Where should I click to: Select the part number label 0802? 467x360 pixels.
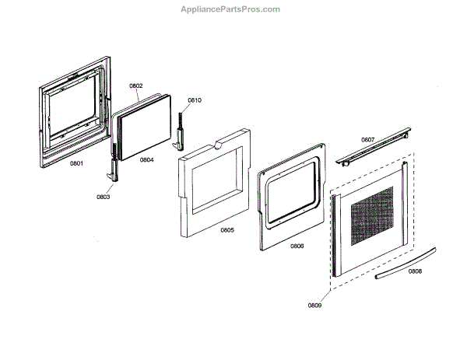point(136,86)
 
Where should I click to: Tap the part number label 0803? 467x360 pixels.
point(104,197)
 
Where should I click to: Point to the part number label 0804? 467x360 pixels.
point(147,160)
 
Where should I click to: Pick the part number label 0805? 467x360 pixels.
point(226,230)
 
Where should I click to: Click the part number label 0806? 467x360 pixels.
point(297,246)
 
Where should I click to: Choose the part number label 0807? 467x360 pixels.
point(368,140)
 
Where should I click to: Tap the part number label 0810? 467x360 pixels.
point(195,100)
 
